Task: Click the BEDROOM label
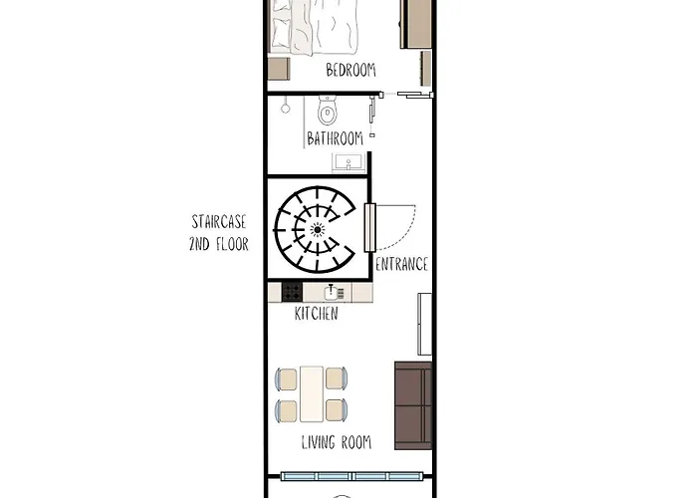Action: (x=350, y=70)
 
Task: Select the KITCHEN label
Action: (x=316, y=314)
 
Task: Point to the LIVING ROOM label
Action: (x=336, y=442)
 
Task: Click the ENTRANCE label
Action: (x=401, y=264)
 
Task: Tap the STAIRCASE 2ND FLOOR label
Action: (x=218, y=232)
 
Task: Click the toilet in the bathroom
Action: (x=327, y=108)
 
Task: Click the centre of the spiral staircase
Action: (x=318, y=230)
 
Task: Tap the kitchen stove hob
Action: (x=292, y=292)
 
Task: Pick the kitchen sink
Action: (x=334, y=292)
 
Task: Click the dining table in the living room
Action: (x=312, y=394)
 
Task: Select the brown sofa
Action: (x=413, y=405)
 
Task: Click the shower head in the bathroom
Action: (x=286, y=104)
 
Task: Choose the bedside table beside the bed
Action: (x=278, y=69)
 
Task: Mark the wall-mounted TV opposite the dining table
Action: (x=425, y=324)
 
